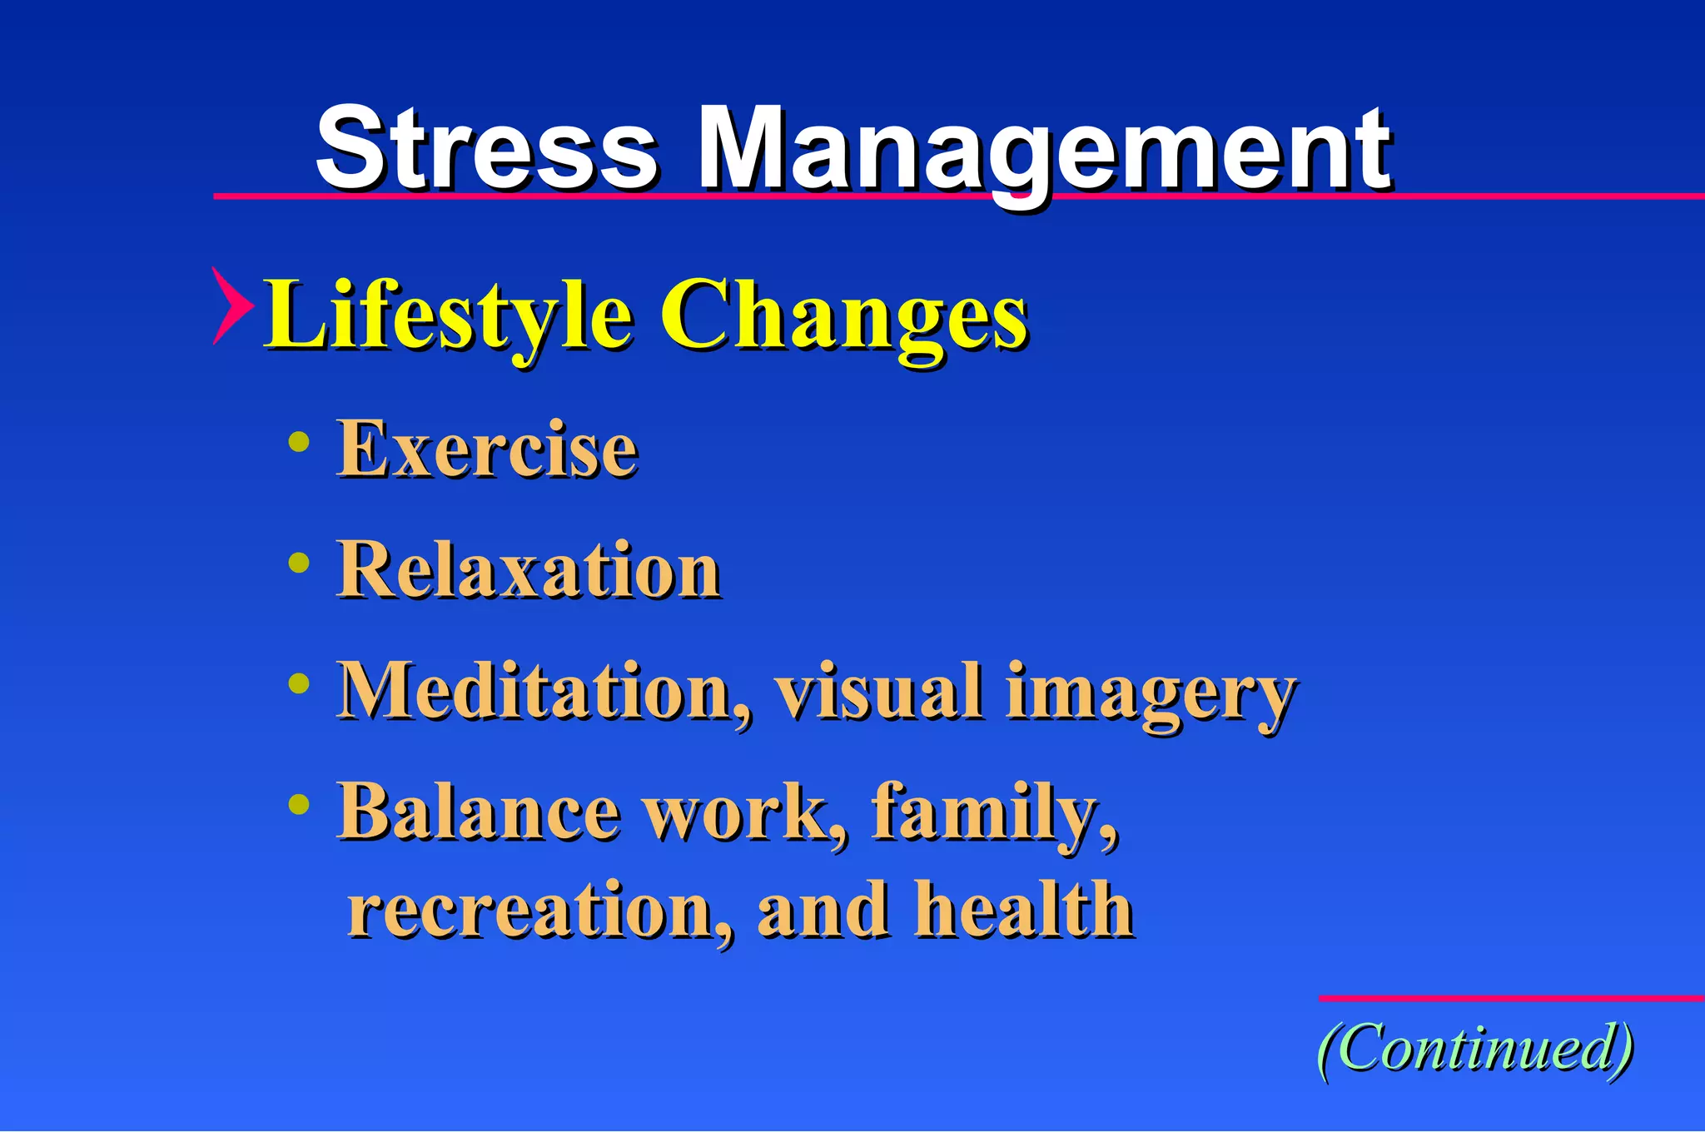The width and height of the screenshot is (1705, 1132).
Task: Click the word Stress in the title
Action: click(x=487, y=150)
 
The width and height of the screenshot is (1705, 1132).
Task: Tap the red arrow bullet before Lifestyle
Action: click(x=231, y=305)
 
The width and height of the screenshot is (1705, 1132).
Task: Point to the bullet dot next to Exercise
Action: click(x=299, y=442)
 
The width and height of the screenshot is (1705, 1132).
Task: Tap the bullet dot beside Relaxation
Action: click(x=299, y=564)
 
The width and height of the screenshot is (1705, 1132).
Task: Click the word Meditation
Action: click(x=545, y=691)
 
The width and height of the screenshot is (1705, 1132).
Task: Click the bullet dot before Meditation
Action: click(x=299, y=684)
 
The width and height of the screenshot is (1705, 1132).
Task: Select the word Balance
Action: click(x=479, y=812)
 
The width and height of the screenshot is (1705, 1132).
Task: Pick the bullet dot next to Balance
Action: click(x=299, y=804)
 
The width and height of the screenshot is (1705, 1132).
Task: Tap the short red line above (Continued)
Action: click(x=1511, y=998)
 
